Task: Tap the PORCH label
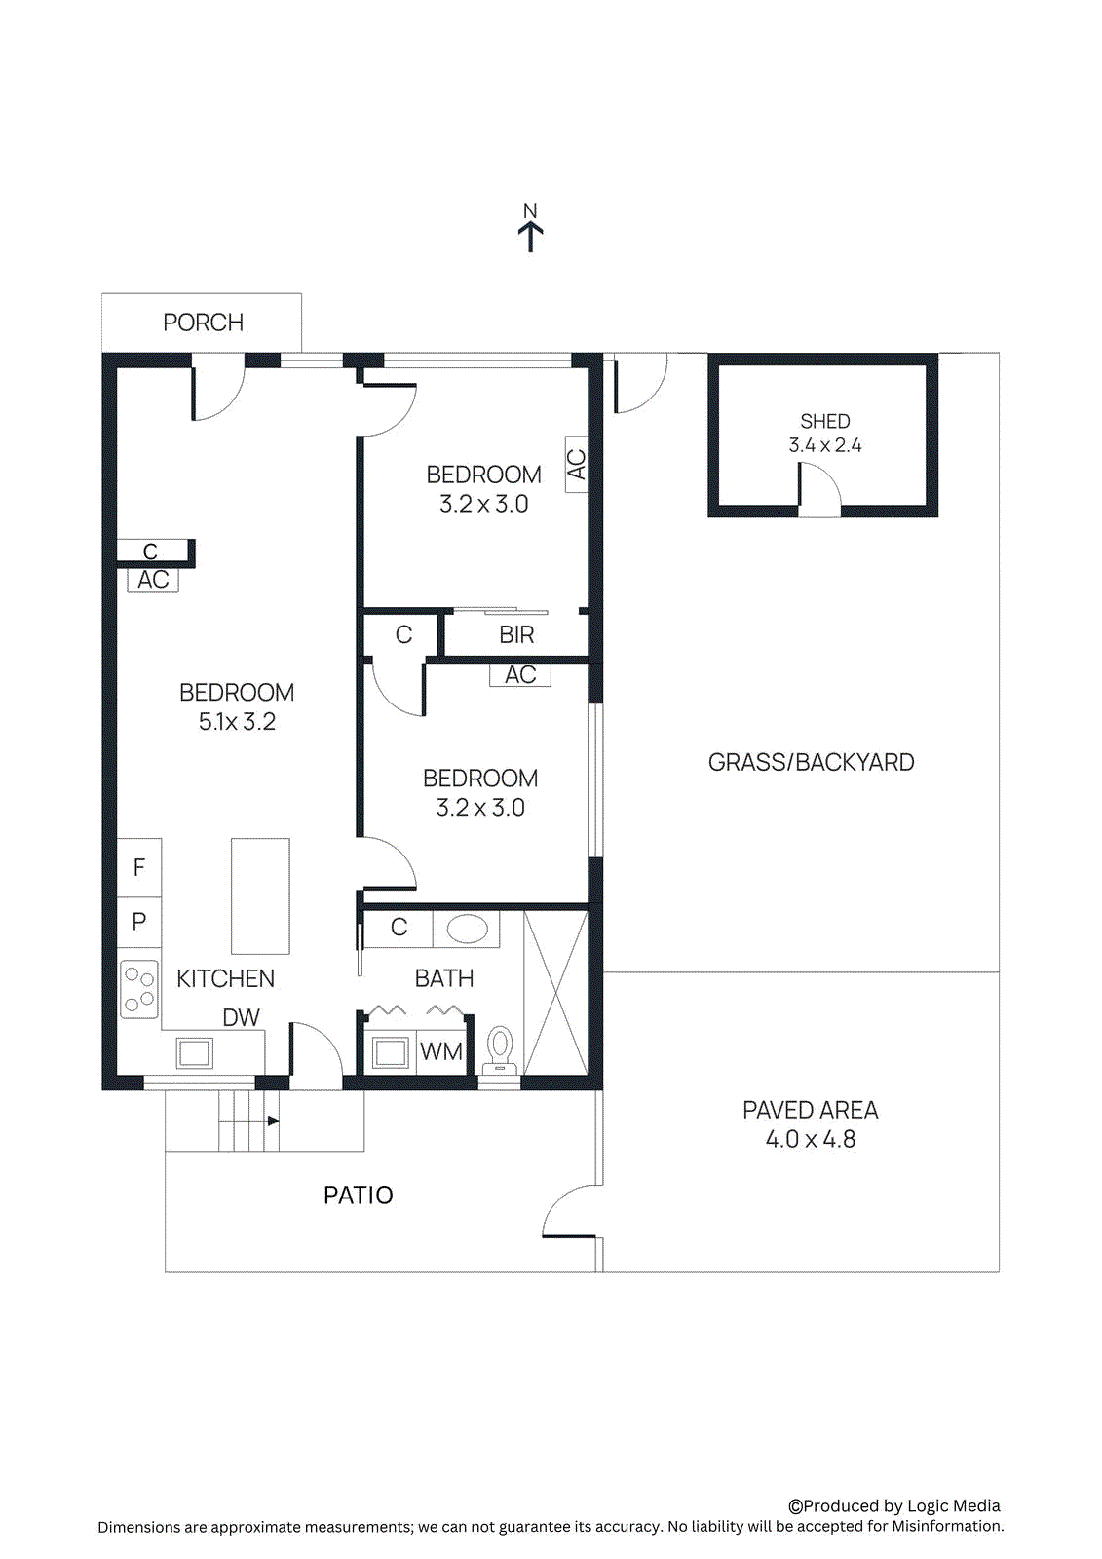(203, 323)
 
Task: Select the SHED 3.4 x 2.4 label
(824, 434)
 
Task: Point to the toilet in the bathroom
(500, 1049)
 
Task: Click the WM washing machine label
(441, 1052)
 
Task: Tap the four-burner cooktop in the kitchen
(139, 989)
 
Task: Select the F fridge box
(139, 867)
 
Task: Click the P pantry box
(139, 921)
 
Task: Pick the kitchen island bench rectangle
(260, 895)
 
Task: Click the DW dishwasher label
(241, 1017)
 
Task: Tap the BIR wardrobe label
(516, 635)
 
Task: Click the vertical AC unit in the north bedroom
(576, 464)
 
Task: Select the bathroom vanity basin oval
(467, 929)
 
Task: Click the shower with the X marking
(555, 992)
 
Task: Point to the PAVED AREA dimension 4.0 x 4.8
(810, 1139)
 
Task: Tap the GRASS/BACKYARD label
(811, 762)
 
